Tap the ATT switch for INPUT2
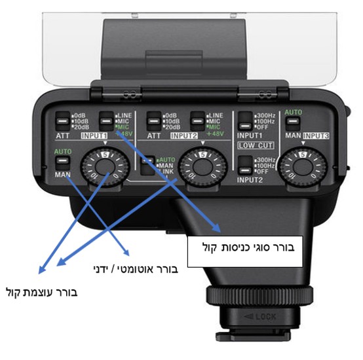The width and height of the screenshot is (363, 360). pos(155,118)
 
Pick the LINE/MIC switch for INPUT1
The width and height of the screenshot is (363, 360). pos(104,118)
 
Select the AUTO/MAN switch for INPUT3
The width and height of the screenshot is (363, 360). pos(290,122)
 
